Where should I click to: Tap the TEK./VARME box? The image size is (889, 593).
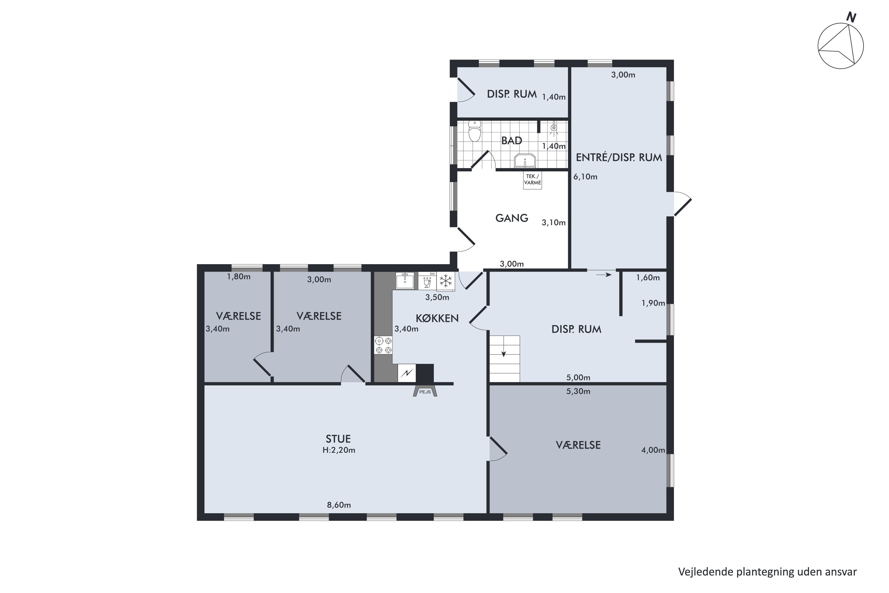[x=532, y=180]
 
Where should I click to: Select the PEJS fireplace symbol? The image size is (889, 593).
[x=425, y=391]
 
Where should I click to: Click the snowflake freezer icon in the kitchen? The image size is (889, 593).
[x=446, y=281]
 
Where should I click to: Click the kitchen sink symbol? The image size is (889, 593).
[x=405, y=280]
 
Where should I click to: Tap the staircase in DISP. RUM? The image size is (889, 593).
[x=505, y=359]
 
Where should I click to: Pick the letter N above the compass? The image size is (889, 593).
[x=851, y=17]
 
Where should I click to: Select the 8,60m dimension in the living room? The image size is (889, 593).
[x=339, y=505]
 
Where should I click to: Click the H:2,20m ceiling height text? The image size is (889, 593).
[x=339, y=450]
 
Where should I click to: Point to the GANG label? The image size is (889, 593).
[x=512, y=218]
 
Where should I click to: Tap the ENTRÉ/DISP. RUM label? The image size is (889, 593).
[x=619, y=157]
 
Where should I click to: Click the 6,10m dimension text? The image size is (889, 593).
[x=586, y=177]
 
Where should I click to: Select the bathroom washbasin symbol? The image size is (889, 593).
[x=525, y=160]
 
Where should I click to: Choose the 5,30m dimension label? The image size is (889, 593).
[x=578, y=391]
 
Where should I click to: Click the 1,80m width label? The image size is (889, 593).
[x=239, y=276]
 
